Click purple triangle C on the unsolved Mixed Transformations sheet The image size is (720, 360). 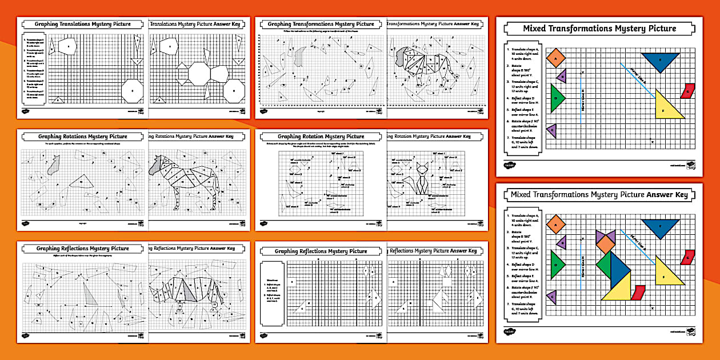(552, 131)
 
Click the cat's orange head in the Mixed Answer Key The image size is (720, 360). (605, 245)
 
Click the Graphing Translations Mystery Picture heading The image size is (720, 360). (82, 24)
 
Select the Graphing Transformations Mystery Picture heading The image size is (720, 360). (321, 24)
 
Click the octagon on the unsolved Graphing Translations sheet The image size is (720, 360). (133, 90)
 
